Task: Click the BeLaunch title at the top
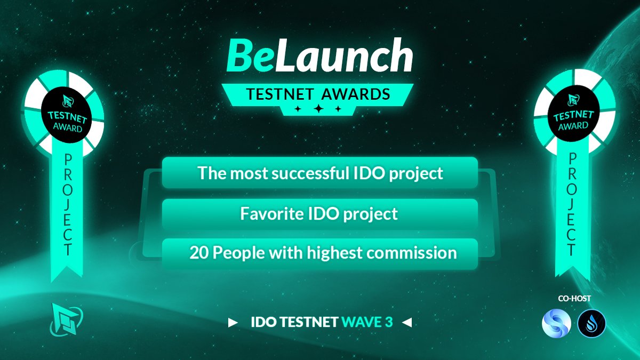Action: pyautogui.click(x=319, y=56)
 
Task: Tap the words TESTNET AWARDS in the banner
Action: pyautogui.click(x=318, y=94)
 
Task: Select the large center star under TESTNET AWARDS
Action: pyautogui.click(x=318, y=109)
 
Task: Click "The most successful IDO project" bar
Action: pyautogui.click(x=319, y=173)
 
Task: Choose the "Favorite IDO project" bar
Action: pyautogui.click(x=319, y=214)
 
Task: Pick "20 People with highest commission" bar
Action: pyautogui.click(x=319, y=253)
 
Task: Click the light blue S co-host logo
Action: pyautogui.click(x=557, y=323)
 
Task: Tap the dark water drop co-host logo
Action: pyautogui.click(x=591, y=323)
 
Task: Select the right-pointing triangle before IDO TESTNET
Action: pyautogui.click(x=233, y=323)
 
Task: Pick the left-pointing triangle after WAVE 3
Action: pyautogui.click(x=407, y=323)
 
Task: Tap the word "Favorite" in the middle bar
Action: pyautogui.click(x=266, y=214)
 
